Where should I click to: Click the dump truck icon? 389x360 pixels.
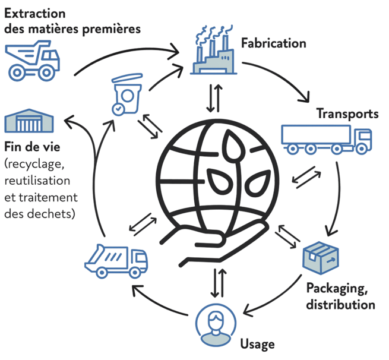tap(33, 59)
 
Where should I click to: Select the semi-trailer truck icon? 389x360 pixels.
tap(327, 138)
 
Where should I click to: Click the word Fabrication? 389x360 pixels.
tap(273, 43)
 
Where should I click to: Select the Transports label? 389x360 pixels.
tap(347, 113)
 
